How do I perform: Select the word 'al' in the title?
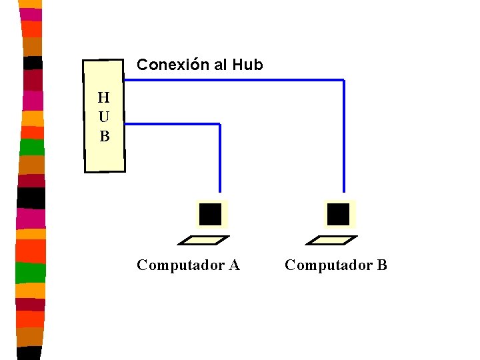coord(221,65)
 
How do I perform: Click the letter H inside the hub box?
coord(104,98)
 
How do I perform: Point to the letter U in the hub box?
coord(104,117)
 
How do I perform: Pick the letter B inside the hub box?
coord(104,137)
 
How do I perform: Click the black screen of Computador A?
coord(210,214)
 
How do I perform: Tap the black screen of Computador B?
coord(338,214)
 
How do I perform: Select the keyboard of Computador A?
coord(207,239)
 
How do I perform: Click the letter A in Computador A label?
coord(234,265)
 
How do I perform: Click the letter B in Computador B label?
coord(381,265)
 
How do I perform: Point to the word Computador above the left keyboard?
coord(180,265)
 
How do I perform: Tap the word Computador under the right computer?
coord(328,265)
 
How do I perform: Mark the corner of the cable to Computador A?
coord(219,124)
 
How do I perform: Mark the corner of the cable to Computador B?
coord(343,80)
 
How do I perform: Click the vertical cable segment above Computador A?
coord(219,160)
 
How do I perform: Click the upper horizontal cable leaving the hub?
coord(233,80)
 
